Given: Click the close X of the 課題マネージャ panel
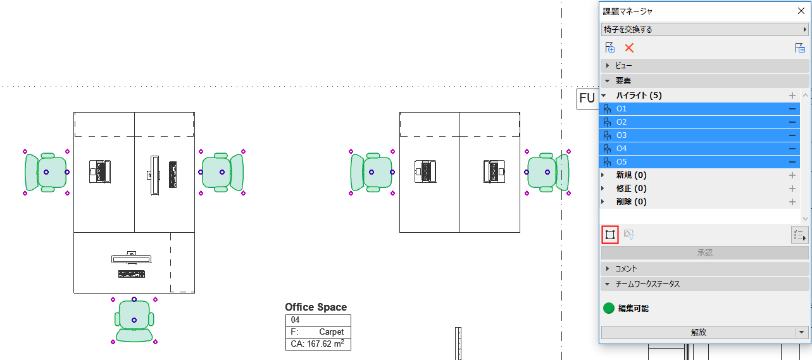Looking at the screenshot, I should (801, 11).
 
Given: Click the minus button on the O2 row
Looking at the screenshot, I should (792, 122).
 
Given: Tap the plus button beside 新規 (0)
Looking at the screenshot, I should (792, 175).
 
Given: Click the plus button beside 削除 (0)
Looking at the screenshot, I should (792, 202).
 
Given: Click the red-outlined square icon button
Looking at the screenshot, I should (609, 235).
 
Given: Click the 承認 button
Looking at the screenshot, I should (704, 252).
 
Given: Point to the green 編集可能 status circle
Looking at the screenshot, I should (609, 309).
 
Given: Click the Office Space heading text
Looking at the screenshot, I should (316, 307).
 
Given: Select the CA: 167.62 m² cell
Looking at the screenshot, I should (318, 344).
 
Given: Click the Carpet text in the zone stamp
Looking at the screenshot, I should (331, 332).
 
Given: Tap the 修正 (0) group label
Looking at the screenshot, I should (631, 189).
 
